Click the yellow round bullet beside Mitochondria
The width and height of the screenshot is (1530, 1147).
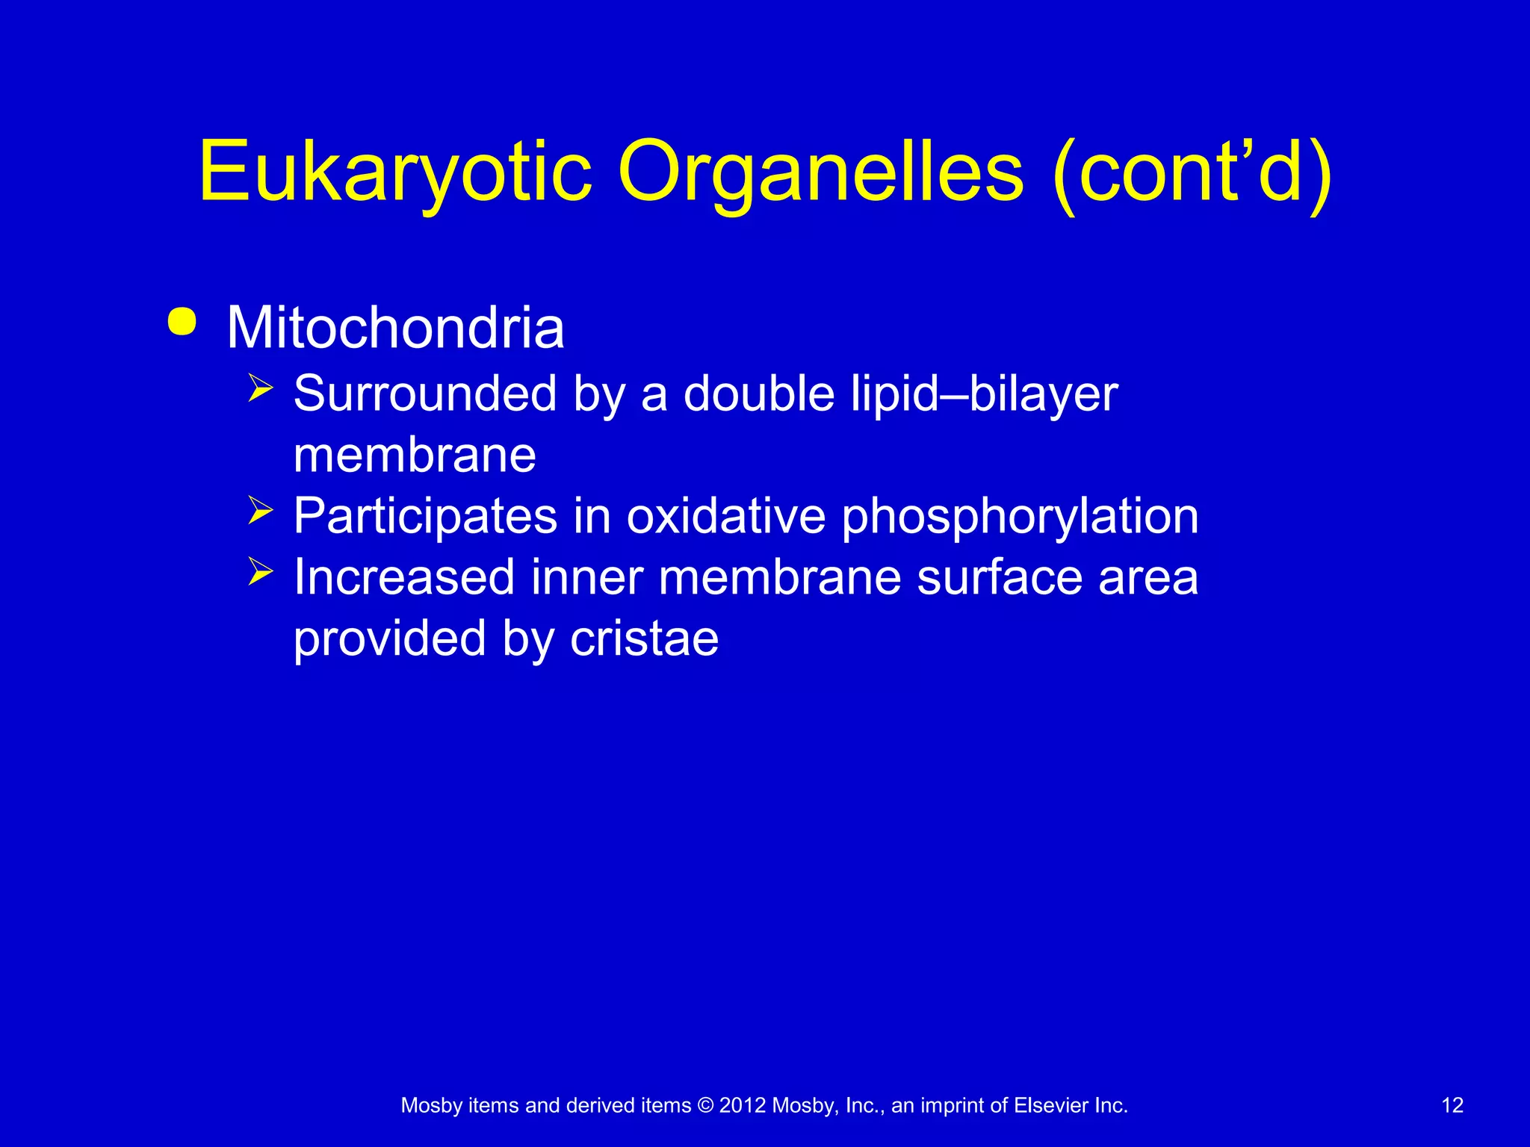tap(182, 322)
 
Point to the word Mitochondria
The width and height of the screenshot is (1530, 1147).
tap(395, 328)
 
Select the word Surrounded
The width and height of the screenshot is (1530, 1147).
tap(425, 394)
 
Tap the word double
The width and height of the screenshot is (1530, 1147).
tap(758, 394)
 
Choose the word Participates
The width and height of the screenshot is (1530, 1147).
tap(425, 516)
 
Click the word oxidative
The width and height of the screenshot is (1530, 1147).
tap(725, 516)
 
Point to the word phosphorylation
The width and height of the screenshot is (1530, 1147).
tap(1020, 517)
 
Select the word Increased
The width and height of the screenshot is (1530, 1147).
tap(404, 577)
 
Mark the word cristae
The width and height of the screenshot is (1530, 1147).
tap(644, 639)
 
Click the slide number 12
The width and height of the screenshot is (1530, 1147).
tap(1452, 1105)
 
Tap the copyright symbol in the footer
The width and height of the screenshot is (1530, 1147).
tap(704, 1105)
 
